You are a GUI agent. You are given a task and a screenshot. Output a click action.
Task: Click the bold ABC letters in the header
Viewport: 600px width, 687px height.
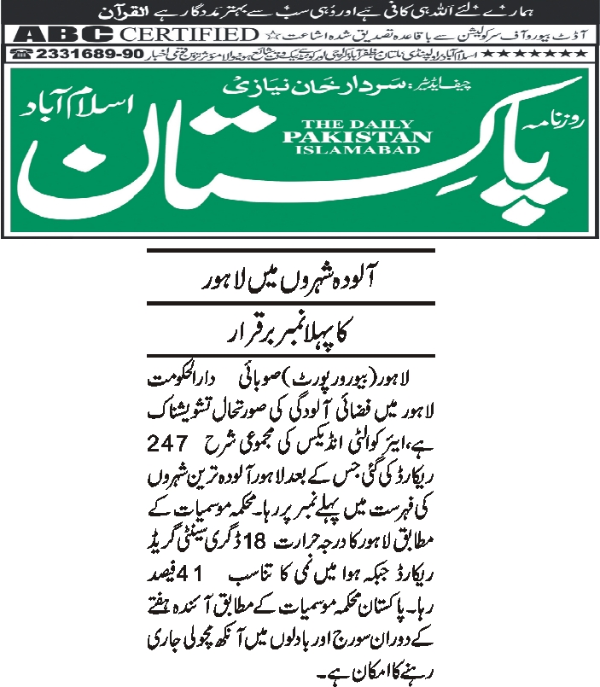click(63, 35)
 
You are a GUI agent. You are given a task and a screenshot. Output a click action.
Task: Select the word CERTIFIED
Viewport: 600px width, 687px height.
click(189, 35)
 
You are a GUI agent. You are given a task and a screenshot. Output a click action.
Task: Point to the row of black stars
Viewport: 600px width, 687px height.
click(556, 54)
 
